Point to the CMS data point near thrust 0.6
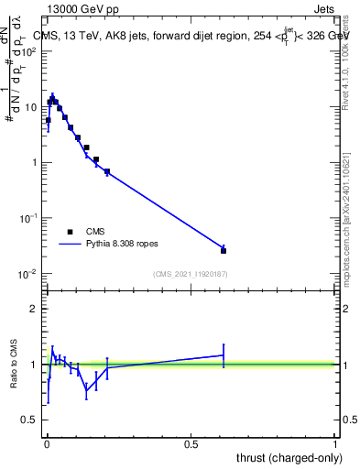point(224,250)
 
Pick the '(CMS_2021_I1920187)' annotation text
point(190,274)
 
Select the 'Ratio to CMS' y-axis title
point(15,365)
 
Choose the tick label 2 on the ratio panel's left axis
point(33,309)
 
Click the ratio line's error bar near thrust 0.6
point(224,354)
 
